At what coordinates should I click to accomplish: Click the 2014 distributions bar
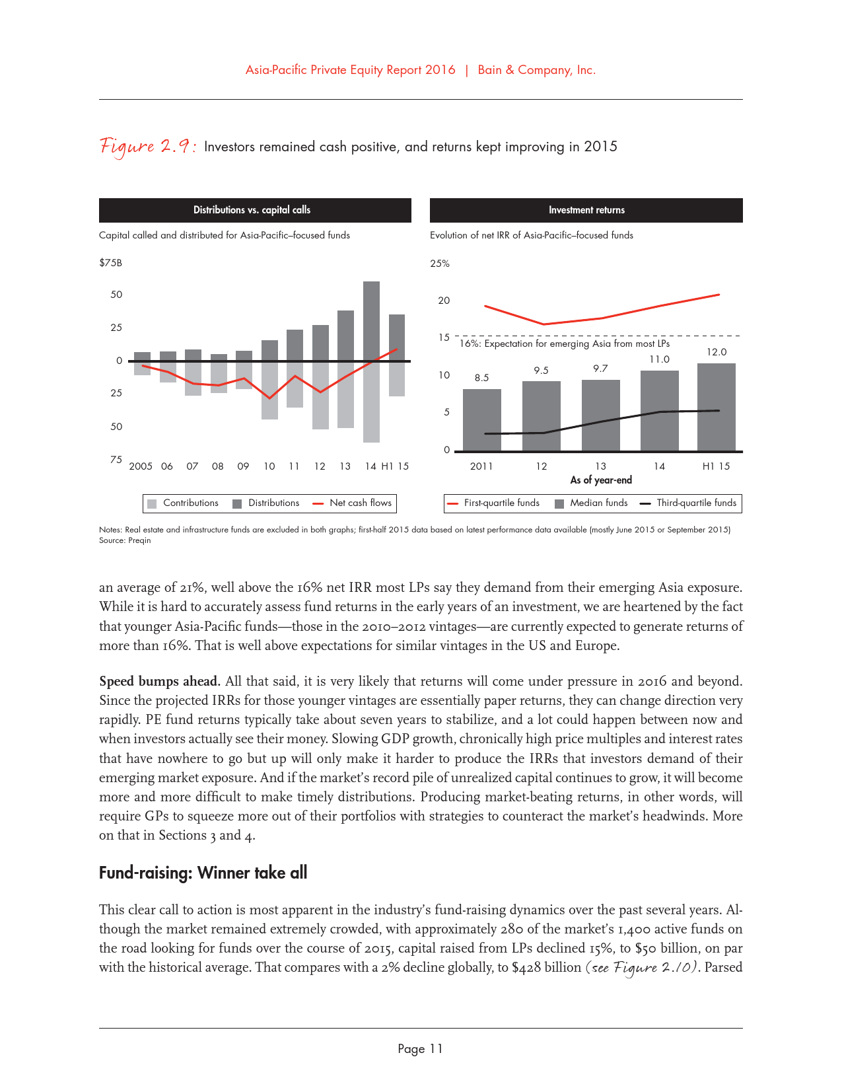pos(371,320)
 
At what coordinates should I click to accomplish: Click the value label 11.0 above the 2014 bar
pos(659,359)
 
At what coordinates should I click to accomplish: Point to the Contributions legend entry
pos(183,503)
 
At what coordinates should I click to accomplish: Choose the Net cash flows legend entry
pos(353,503)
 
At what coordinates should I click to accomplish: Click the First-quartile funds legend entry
pos(493,503)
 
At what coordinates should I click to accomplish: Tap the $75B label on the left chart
pos(110,263)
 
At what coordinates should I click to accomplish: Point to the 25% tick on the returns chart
pos(440,264)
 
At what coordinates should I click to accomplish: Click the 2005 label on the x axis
pos(141,466)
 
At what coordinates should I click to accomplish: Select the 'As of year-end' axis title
pos(601,480)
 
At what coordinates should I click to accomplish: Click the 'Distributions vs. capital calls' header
pos(252,210)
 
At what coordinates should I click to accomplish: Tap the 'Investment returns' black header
pos(586,210)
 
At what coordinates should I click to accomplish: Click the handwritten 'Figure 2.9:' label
pos(147,146)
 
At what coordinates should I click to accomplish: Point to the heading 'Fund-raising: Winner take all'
pos(203,873)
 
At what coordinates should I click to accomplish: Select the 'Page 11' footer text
pos(421,1049)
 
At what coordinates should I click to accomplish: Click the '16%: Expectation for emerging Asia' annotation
pos(565,344)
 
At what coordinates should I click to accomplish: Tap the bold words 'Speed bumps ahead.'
pos(159,681)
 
